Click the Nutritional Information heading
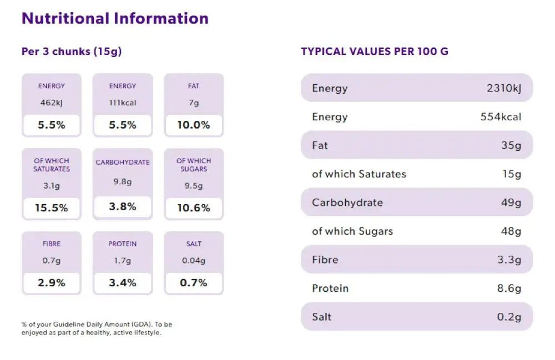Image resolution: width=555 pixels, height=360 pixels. coord(115,18)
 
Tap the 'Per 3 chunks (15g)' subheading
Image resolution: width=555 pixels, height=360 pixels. coord(72,52)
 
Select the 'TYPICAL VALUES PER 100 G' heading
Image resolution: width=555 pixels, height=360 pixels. coord(375,52)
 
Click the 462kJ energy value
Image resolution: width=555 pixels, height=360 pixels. coord(52,103)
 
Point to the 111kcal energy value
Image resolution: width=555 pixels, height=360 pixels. coord(123,103)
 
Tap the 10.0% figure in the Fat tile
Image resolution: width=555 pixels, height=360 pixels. coord(194,125)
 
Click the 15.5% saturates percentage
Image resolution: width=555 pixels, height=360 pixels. coord(52,208)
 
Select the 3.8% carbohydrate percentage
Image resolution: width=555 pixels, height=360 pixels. coord(123,206)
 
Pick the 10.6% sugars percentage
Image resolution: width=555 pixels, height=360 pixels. coord(194,208)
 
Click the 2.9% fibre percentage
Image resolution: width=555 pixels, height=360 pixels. coord(52,283)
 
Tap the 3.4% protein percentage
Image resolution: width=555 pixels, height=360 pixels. coord(123,283)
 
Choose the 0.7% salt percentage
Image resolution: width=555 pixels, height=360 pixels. coord(194,283)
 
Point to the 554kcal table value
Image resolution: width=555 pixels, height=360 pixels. coord(501,117)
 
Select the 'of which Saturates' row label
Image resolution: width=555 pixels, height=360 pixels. coord(359,174)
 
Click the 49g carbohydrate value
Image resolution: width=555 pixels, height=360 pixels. coord(511,202)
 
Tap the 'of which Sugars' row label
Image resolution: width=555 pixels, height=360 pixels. coord(352,231)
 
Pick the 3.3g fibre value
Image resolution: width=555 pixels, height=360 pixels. coord(509,260)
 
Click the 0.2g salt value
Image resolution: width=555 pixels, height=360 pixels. coord(509,317)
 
